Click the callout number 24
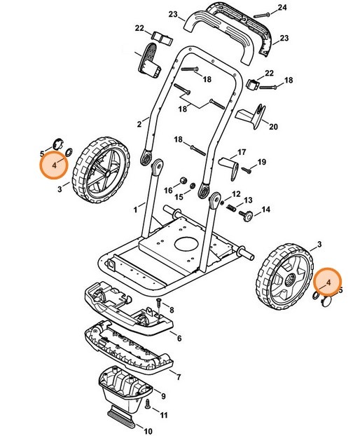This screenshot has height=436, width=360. pos(282,8)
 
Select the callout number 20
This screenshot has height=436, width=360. pos(273,127)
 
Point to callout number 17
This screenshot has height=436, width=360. pos(242,152)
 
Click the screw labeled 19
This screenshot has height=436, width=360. pos(247,168)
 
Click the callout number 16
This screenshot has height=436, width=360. pos(168,190)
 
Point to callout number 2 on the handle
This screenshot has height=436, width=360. pos(139,125)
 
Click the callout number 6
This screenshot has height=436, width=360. pos(179,339)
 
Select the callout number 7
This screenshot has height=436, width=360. pos(179,377)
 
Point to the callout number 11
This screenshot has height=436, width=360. pos(165,416)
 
